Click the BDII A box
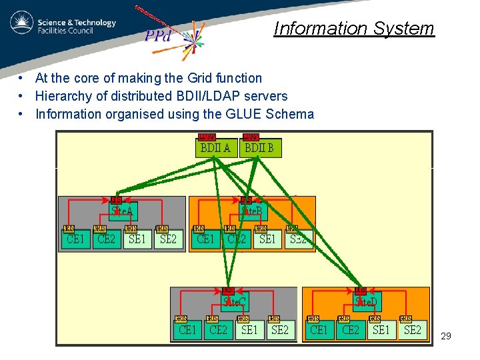(x=215, y=148)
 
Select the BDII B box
(x=260, y=148)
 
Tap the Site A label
(x=123, y=211)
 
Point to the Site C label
(x=235, y=302)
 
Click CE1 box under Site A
(x=75, y=239)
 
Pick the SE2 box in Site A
(x=168, y=239)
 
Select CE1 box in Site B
(x=205, y=239)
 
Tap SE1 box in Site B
(x=267, y=239)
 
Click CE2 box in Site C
(x=219, y=329)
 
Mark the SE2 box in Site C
(x=280, y=329)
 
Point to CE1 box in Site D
(x=319, y=329)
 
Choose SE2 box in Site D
(x=412, y=329)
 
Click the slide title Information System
(x=353, y=29)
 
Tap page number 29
(x=446, y=336)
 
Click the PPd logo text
(x=159, y=37)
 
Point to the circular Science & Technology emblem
(x=22, y=23)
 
